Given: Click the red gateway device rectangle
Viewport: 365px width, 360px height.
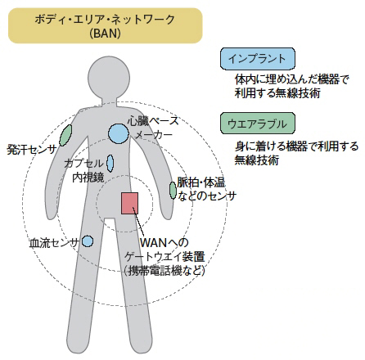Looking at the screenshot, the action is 129,203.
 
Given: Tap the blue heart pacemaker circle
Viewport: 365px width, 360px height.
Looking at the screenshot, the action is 119,133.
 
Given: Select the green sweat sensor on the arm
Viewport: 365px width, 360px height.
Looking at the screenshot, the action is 65,135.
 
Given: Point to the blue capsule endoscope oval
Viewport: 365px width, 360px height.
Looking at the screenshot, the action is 110,163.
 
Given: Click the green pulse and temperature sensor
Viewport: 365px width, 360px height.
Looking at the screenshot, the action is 173,190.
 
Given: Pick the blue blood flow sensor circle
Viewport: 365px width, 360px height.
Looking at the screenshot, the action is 88,241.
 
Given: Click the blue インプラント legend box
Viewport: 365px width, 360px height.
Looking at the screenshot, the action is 258,59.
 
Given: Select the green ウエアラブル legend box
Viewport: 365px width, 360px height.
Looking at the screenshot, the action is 258,124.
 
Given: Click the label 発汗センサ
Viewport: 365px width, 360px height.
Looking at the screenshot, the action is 32,150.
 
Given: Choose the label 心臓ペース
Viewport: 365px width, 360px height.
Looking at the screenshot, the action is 154,121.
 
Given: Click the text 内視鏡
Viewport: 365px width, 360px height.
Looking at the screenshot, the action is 88,178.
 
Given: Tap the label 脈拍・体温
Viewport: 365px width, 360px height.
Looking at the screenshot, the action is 201,182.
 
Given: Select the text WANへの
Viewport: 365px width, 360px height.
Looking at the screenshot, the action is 164,242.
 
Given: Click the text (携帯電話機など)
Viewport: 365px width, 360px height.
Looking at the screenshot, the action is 164,271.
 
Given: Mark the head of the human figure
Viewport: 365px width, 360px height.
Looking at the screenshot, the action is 109,77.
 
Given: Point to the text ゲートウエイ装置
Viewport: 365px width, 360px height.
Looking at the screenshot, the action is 164,257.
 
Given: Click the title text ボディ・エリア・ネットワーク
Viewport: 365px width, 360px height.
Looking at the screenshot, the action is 105,20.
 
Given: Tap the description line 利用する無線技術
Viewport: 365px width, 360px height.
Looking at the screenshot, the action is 277,93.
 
